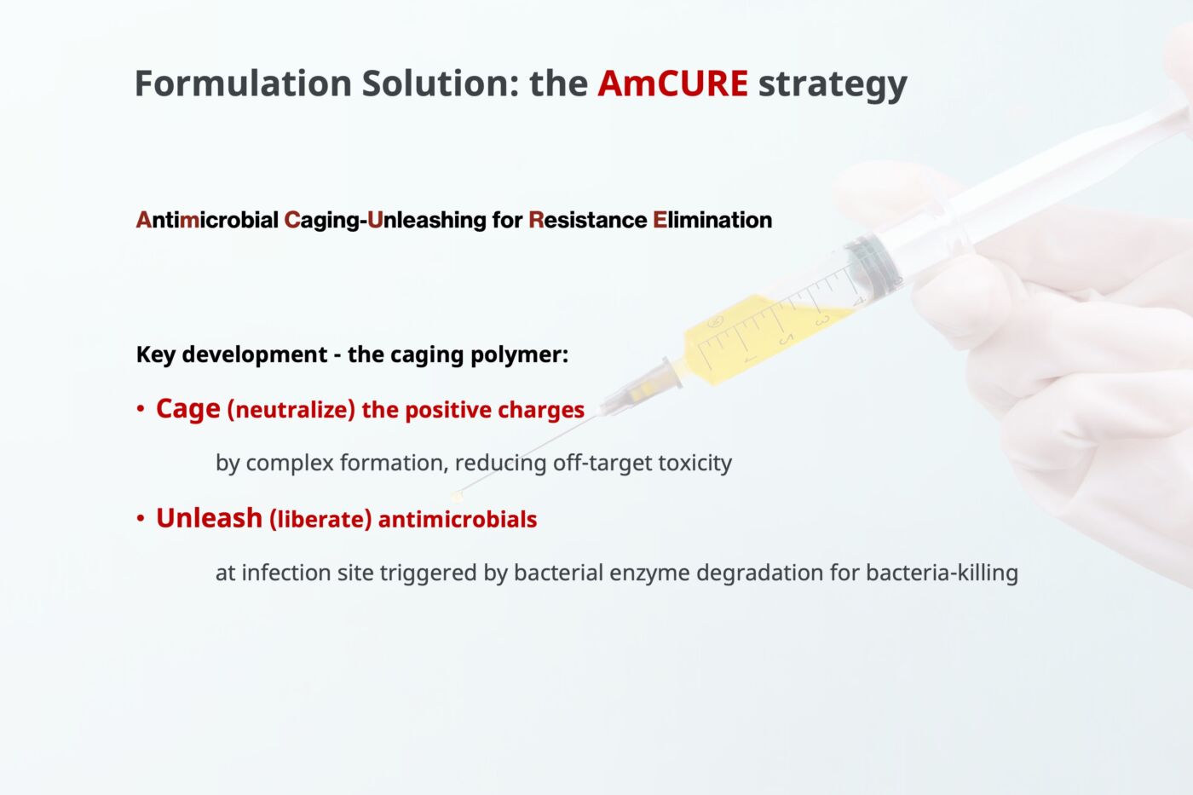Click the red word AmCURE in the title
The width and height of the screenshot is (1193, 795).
[672, 84]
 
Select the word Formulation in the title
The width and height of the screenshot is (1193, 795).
[243, 84]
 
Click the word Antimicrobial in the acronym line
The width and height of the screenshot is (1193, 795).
[207, 220]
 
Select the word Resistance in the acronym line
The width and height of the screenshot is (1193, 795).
[588, 220]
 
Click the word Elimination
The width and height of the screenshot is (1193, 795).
[712, 220]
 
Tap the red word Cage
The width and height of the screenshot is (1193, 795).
[187, 410]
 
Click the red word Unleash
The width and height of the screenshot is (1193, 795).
[209, 518]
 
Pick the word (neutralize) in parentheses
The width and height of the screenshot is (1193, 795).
[291, 410]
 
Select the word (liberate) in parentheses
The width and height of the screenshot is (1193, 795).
[320, 519]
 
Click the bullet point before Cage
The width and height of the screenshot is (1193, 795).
[141, 410]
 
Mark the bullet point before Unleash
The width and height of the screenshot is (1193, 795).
[141, 519]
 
